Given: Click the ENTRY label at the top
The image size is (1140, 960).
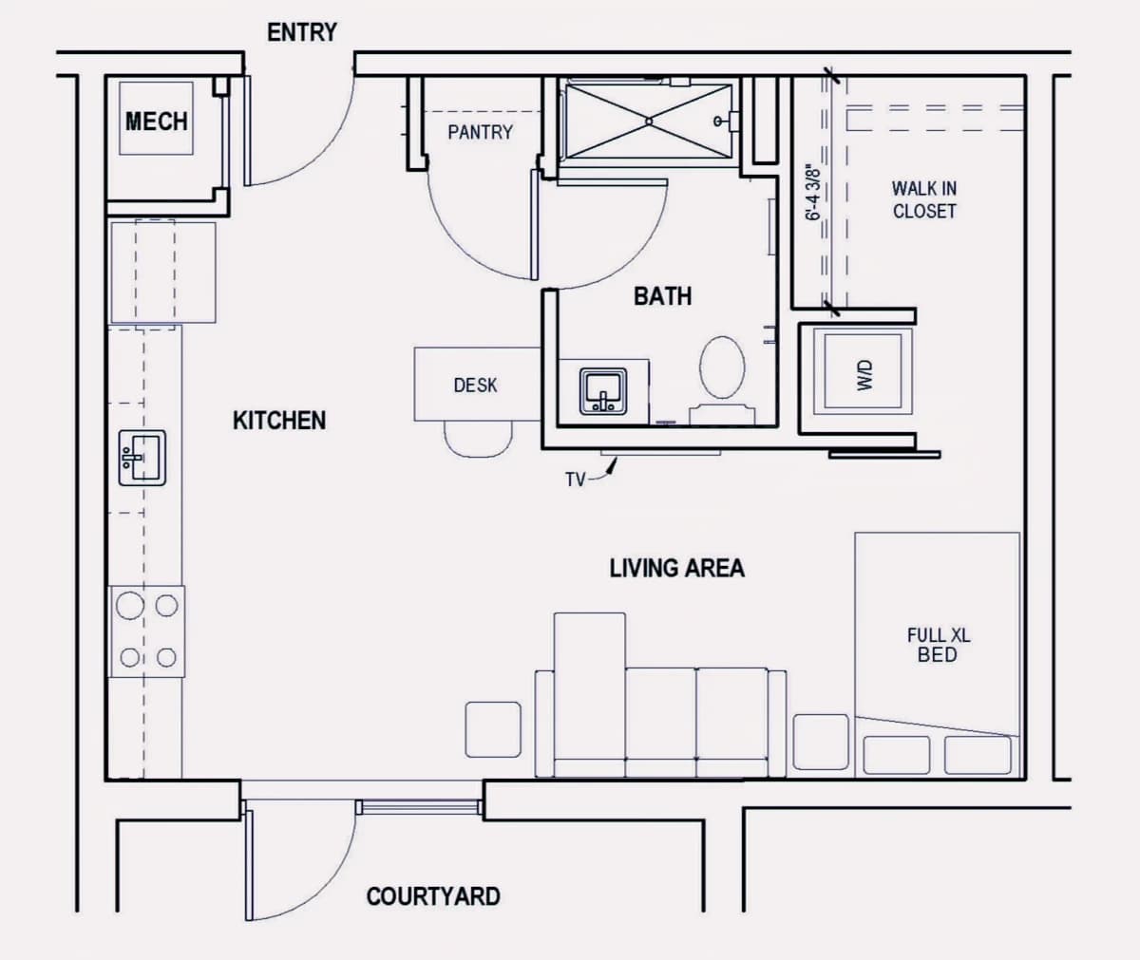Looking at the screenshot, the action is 302,32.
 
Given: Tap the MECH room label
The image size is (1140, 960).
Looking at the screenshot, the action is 157,122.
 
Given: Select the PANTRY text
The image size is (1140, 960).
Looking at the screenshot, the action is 481,132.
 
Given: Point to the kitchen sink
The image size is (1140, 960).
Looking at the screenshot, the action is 142,458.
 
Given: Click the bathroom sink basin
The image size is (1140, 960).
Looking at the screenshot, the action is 603,391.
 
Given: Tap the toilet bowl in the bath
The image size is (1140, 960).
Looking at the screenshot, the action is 722,367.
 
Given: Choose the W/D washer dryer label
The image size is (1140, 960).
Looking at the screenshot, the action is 865,375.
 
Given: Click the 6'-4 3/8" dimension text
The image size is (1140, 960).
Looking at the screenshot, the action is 813,192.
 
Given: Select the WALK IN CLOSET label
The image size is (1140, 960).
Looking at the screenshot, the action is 924,199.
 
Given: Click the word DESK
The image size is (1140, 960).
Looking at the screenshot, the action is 476,386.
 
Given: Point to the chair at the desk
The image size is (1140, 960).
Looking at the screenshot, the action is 478,440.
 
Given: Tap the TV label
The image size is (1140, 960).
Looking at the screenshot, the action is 576,480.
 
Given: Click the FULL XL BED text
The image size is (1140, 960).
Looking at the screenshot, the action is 939,645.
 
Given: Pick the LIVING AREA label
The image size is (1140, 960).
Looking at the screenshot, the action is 677,568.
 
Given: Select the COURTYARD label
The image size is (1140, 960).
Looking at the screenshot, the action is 433,896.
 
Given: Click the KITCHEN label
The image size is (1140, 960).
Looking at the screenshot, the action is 279,421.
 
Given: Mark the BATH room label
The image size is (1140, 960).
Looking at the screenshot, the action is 663,296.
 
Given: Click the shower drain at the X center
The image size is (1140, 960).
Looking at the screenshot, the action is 649,122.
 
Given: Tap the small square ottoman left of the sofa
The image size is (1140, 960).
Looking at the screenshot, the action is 493,729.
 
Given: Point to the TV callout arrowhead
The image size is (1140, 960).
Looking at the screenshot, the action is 613,465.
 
